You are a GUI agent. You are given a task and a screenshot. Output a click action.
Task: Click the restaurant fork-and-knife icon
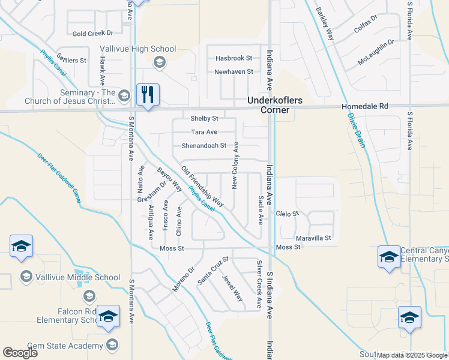tap(148, 94)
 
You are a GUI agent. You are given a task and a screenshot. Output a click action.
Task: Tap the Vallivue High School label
tap(137, 49)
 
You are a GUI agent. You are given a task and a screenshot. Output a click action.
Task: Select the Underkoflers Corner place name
tap(269, 106)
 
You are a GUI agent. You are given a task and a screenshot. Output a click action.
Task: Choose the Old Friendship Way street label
tap(202, 187)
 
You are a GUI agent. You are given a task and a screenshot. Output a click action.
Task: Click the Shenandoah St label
tap(205, 145)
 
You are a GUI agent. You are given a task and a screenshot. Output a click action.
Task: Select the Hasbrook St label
tap(234, 58)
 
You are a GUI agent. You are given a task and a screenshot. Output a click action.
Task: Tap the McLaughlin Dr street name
tap(376, 52)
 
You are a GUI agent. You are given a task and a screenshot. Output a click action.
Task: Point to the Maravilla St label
tap(312, 238)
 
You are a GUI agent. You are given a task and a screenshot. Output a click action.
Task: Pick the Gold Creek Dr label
tap(93, 33)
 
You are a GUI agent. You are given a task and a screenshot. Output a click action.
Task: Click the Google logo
tap(20, 352)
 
